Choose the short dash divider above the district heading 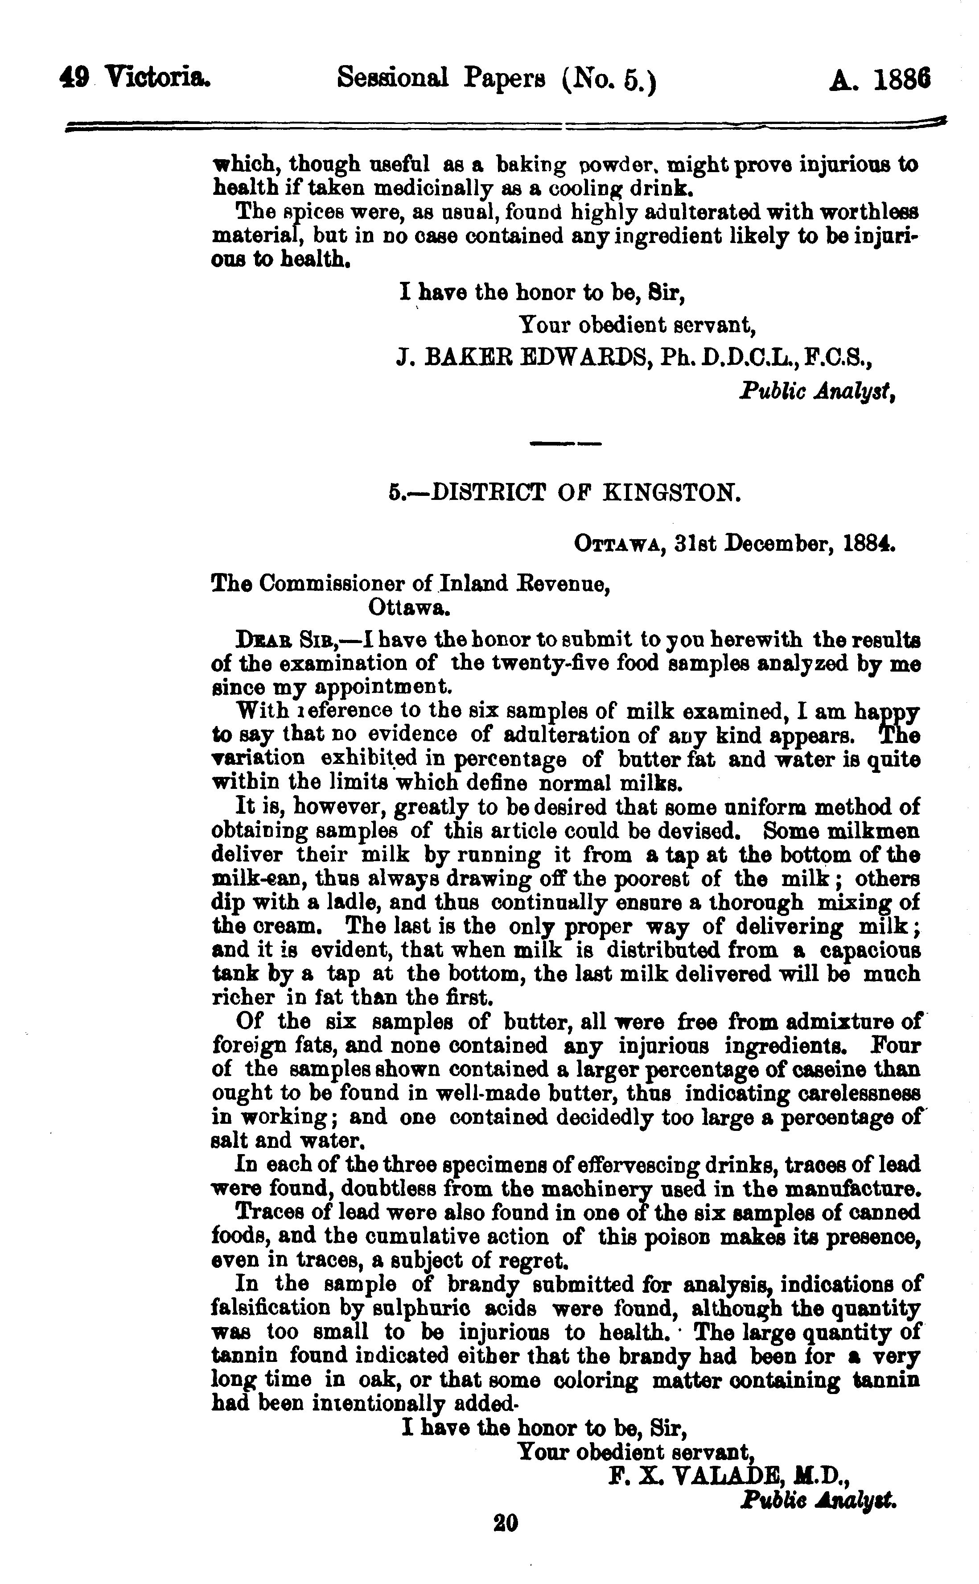pyautogui.click(x=565, y=444)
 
